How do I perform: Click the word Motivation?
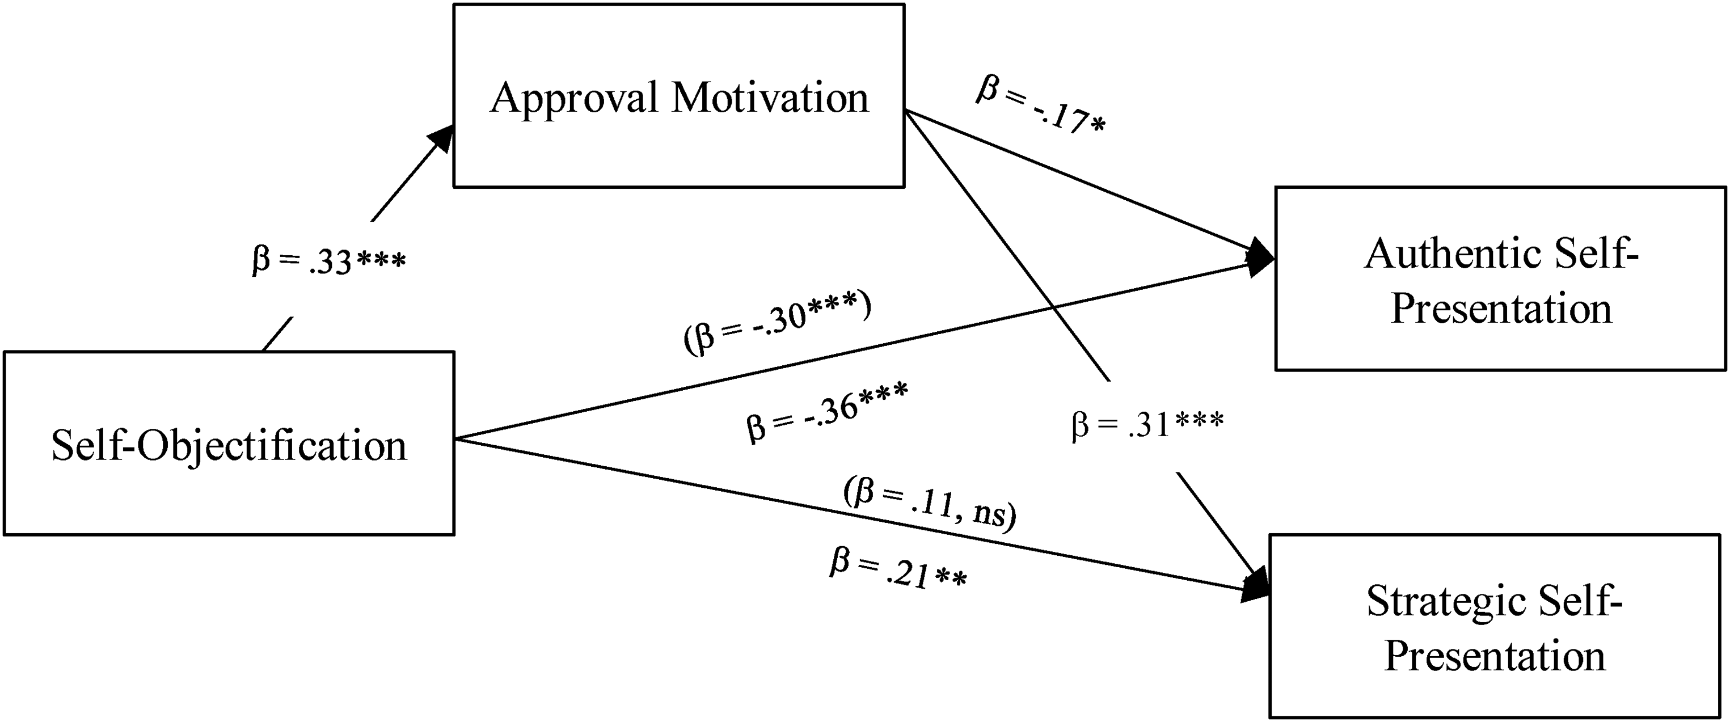770,98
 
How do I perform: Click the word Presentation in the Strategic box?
1495,656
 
